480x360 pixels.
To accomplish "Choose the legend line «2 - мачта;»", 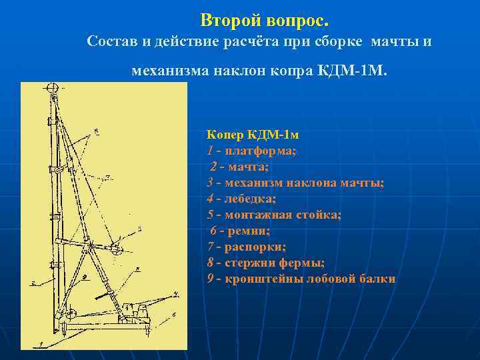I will tap(239, 167).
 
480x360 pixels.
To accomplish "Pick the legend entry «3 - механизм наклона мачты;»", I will tap(295, 183).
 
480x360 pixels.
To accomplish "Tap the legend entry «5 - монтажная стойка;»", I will tap(273, 215).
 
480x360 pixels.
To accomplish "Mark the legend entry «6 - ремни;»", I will tap(240, 231).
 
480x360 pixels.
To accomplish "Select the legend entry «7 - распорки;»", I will tap(246, 247).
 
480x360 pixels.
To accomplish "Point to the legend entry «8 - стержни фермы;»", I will tap(266, 263).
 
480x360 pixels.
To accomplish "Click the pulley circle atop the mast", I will tap(51, 88).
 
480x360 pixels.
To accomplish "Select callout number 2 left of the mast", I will tap(31, 283).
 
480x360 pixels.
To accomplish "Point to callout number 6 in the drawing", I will tap(174, 313).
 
